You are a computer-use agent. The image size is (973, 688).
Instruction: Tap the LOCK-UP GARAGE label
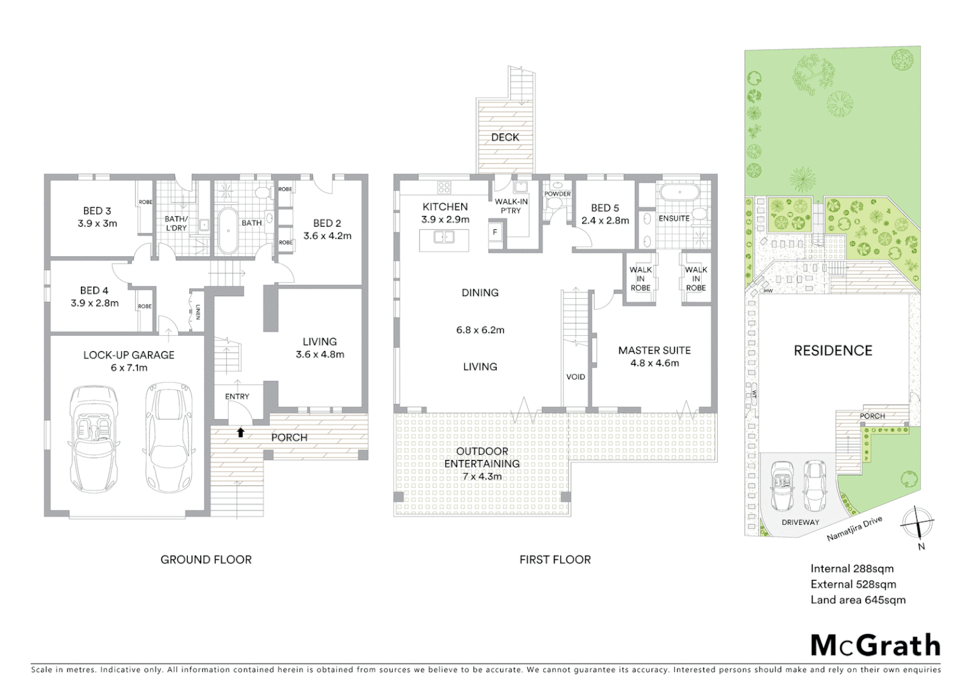(129, 355)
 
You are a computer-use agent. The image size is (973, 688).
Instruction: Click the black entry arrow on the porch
(241, 433)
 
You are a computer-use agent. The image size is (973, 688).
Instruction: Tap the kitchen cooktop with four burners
(444, 187)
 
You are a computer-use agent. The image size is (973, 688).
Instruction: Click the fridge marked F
(495, 233)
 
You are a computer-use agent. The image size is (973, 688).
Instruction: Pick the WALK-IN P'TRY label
(511, 206)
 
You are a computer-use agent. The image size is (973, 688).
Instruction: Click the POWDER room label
(557, 194)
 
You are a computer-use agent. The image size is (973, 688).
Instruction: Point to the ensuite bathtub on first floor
(679, 192)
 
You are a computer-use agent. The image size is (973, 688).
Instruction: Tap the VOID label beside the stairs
(576, 376)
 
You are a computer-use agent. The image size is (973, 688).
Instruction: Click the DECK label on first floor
(505, 137)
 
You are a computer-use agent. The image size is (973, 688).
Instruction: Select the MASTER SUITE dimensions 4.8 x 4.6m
(654, 363)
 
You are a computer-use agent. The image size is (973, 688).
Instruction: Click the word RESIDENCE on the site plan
(832, 350)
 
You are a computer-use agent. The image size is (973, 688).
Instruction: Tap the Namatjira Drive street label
(855, 529)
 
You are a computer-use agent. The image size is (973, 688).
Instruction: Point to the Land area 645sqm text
(857, 599)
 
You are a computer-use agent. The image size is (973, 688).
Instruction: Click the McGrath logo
(875, 645)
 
